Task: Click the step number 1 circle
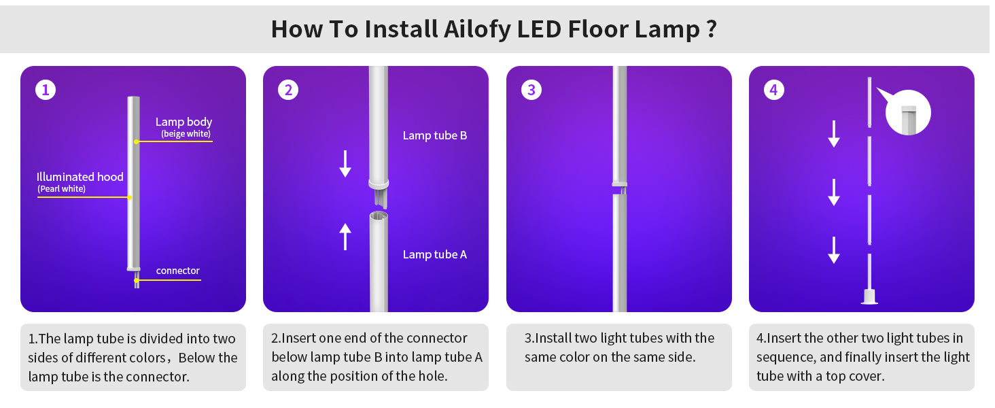pos(46,90)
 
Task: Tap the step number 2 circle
pos(288,90)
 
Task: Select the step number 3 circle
pos(531,90)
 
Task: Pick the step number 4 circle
pos(774,90)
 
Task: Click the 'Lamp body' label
pos(184,122)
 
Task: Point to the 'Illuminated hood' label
pos(80,177)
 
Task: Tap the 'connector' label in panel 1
pos(177,271)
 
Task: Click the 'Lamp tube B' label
pos(435,135)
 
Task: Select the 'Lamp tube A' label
pos(435,255)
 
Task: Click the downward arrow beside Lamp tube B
pos(345,164)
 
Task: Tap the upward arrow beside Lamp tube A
pos(345,237)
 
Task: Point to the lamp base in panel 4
pos(869,296)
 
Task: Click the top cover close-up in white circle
pos(908,112)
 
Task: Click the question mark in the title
pos(711,29)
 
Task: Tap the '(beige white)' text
pos(186,134)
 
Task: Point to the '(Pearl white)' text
pos(61,189)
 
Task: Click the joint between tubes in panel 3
pos(620,188)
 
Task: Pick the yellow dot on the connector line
pos(137,280)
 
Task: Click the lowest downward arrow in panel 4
pos(834,250)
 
